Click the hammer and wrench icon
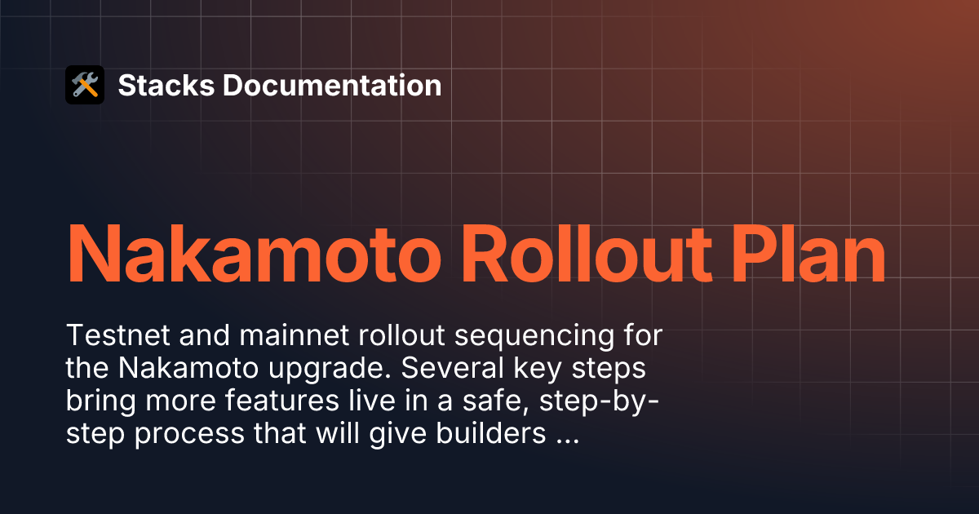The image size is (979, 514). (x=85, y=85)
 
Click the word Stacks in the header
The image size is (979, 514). (x=166, y=85)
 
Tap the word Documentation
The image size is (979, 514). (x=332, y=85)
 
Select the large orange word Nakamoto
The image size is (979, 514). (x=254, y=255)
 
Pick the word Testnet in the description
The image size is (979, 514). (x=117, y=335)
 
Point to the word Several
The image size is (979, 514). (x=452, y=368)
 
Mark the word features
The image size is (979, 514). (x=282, y=401)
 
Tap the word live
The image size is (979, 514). (x=371, y=401)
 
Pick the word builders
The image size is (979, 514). (x=491, y=433)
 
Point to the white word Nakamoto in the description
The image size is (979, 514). (x=188, y=368)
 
